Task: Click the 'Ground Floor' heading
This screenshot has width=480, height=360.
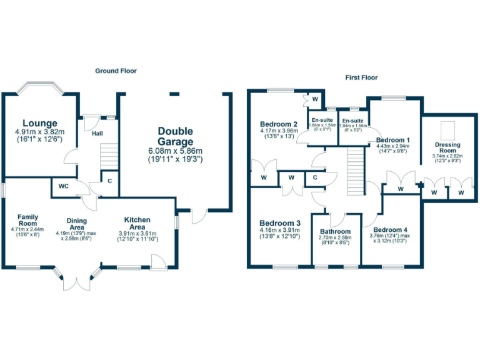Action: click(116, 71)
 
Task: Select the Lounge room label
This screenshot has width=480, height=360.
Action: click(40, 123)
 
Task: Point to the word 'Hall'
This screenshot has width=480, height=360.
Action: click(98, 133)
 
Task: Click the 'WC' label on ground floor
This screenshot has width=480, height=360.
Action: click(64, 186)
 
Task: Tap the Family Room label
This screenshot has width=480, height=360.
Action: click(28, 219)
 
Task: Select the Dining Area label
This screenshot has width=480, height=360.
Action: click(77, 224)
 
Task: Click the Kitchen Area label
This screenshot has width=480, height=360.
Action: click(137, 223)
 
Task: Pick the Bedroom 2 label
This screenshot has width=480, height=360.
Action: click(278, 124)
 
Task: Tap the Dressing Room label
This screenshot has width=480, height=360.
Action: click(447, 148)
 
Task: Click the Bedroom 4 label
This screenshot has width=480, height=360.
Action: click(392, 229)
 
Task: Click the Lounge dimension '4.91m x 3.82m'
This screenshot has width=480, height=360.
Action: click(40, 132)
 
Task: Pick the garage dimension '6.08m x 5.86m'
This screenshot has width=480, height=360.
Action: click(175, 151)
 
